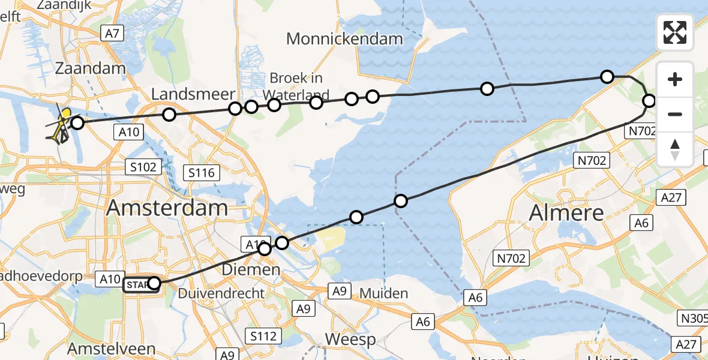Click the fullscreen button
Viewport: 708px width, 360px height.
[x=675, y=32]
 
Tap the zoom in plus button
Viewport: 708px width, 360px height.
[x=675, y=79]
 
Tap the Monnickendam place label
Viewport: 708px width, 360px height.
[x=344, y=40]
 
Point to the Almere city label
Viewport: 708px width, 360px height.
[x=567, y=213]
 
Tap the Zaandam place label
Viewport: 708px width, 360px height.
[x=90, y=68]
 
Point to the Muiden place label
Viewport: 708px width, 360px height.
[x=384, y=293]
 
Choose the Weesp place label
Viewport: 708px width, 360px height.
[x=350, y=339]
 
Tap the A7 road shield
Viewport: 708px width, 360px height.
[x=112, y=34]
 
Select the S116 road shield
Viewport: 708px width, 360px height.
[x=200, y=173]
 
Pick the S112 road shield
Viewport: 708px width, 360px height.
[x=263, y=335]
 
